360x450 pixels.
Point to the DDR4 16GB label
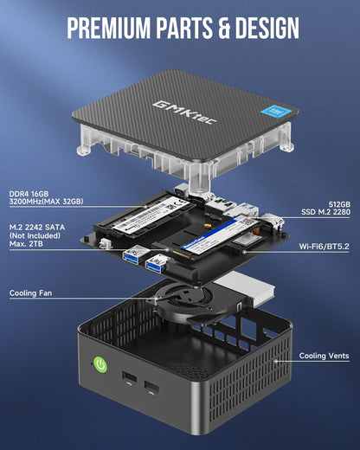click(34, 194)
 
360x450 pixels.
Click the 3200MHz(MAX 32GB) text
click(47, 202)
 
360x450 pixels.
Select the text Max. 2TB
click(29, 243)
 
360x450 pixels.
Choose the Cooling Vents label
click(325, 356)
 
